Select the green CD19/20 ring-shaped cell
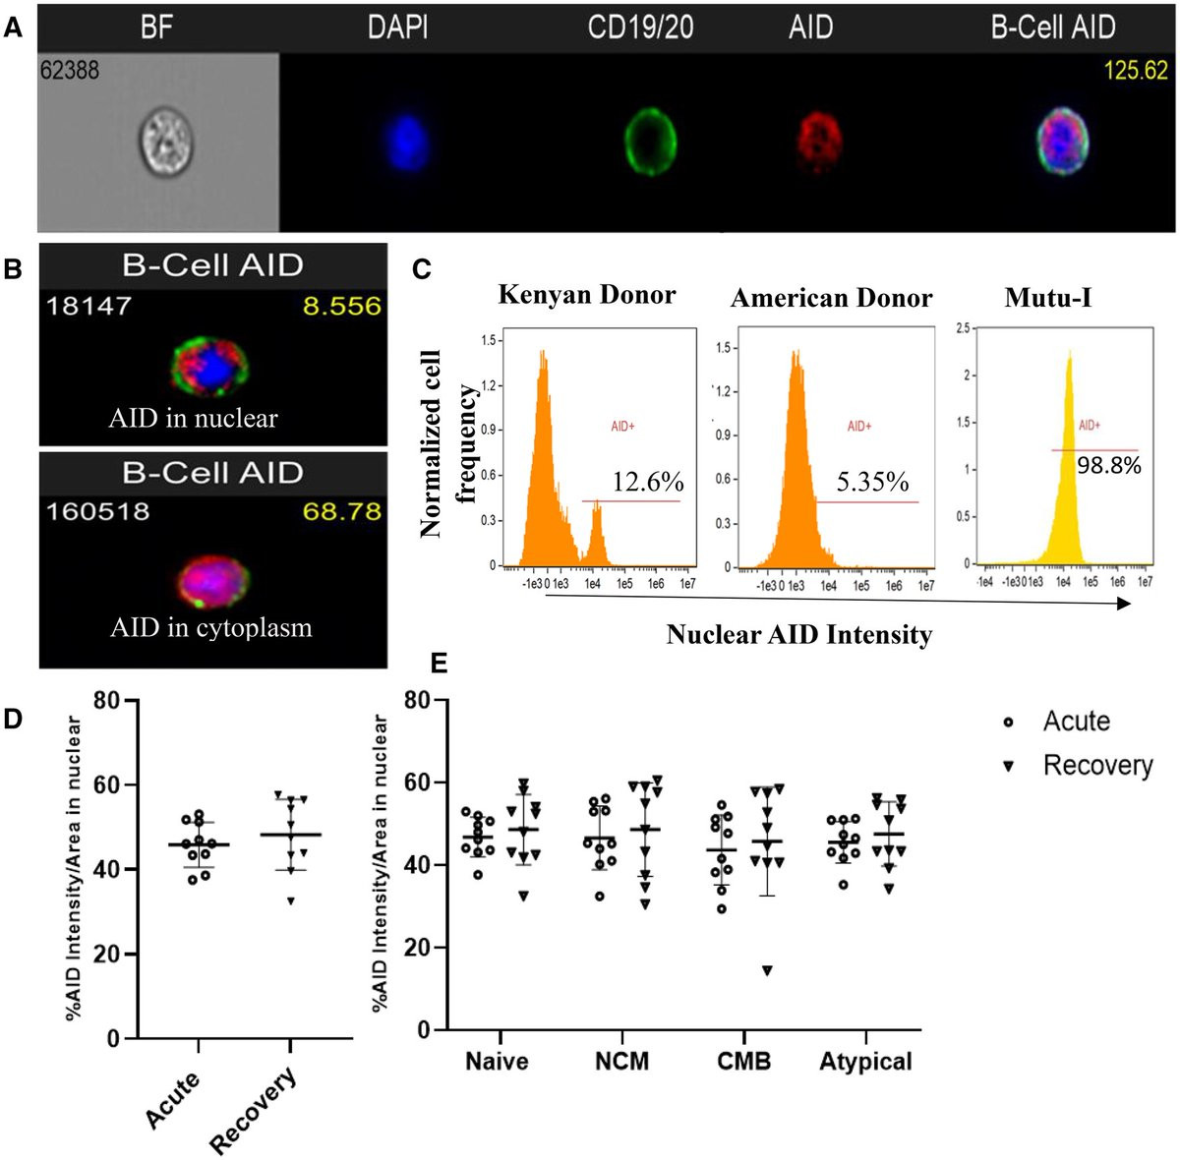(x=650, y=140)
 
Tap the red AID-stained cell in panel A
(x=818, y=140)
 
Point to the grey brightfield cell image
(x=164, y=141)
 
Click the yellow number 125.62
(x=1135, y=71)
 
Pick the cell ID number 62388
(x=70, y=70)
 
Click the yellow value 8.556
(x=341, y=306)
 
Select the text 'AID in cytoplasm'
(x=211, y=627)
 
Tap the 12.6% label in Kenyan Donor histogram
(x=648, y=482)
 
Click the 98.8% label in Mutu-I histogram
(x=1109, y=465)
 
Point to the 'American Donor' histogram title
(x=831, y=298)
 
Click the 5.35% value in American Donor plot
(x=872, y=482)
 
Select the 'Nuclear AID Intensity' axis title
(x=798, y=635)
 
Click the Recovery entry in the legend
(x=1096, y=765)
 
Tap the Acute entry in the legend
(x=1076, y=722)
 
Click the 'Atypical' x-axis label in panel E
(x=865, y=1062)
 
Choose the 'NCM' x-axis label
(x=621, y=1062)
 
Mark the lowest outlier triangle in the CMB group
(x=767, y=971)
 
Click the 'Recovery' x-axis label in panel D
(x=254, y=1111)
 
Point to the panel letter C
(x=422, y=268)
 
